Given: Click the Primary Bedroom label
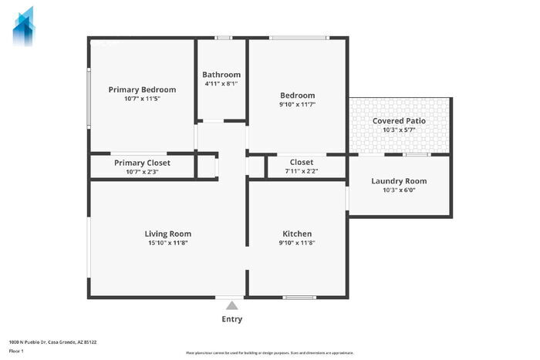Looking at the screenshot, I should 142,89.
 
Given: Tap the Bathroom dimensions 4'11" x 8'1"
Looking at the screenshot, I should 221,83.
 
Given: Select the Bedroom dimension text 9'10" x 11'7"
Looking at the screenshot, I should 297,104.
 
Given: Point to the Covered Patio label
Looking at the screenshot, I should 399,121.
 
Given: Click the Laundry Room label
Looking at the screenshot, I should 399,181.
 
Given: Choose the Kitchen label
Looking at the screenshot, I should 297,234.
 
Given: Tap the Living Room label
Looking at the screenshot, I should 167,234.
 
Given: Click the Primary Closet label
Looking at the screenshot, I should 142,163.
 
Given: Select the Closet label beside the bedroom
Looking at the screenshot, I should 301,162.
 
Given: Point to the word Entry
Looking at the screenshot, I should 231,319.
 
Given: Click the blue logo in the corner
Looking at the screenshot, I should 24,25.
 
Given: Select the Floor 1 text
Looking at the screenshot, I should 16,351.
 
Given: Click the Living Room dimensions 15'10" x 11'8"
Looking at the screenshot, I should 167,243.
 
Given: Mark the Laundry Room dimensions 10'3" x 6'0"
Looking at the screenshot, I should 399,190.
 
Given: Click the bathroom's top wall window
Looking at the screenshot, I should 223,37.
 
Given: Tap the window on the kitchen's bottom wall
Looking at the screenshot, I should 299,298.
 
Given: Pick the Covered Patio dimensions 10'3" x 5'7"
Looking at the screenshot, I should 399,130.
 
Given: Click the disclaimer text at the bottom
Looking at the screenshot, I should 268,352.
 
